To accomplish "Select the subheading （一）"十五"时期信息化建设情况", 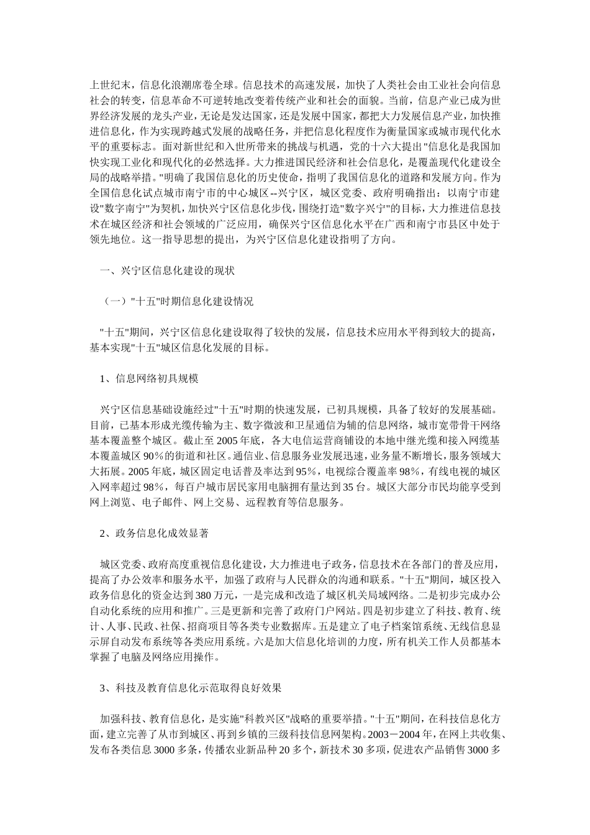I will click(x=178, y=302).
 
